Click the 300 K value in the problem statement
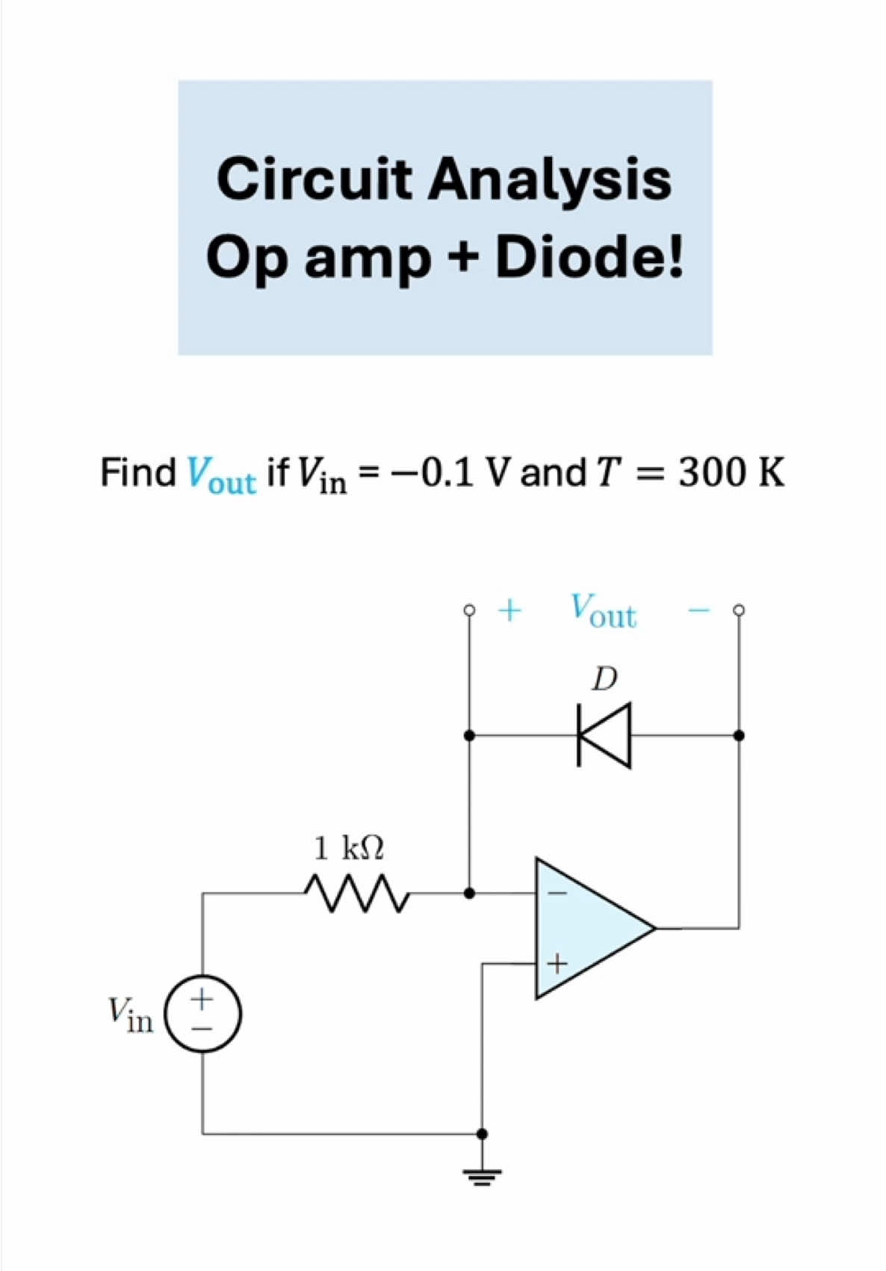coord(731,472)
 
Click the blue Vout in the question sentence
coord(221,474)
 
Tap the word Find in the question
coord(137,472)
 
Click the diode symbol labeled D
coord(604,735)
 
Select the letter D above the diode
coord(604,679)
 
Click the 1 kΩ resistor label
coord(348,848)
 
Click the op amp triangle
coord(590,928)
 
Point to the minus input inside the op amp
coord(557,893)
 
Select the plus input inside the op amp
coord(557,964)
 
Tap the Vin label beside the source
coord(131,1015)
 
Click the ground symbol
coord(482,1177)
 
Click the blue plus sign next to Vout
coord(509,610)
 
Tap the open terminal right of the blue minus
coord(739,610)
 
